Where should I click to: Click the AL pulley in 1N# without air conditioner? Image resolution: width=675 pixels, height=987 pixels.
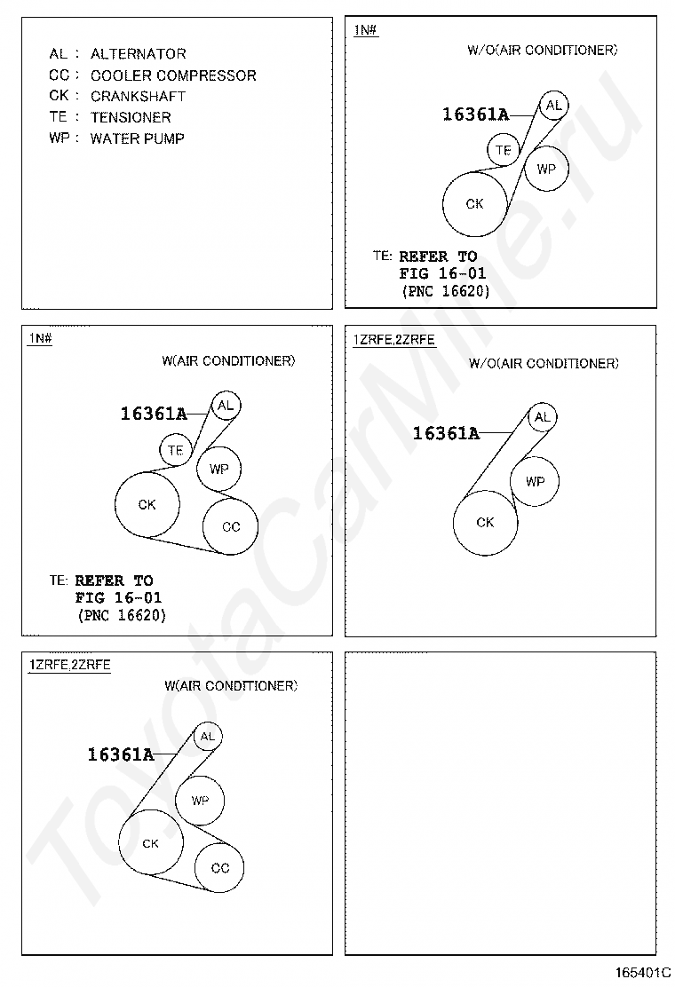[553, 106]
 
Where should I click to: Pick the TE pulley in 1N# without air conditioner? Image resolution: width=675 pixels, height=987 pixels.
[504, 150]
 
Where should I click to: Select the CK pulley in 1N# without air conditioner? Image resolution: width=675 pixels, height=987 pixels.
[475, 204]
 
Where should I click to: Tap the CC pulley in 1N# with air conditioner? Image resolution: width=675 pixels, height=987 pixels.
[231, 526]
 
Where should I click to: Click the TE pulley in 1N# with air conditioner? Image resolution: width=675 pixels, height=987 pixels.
[176, 450]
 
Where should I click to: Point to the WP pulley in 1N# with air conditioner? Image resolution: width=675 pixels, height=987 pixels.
[218, 469]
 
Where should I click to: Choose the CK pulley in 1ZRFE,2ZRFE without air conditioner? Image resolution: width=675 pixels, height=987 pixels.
[485, 523]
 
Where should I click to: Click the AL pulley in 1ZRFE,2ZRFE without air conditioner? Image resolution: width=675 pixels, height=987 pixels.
[543, 417]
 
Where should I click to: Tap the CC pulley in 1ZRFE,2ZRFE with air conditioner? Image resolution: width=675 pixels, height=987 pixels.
[220, 868]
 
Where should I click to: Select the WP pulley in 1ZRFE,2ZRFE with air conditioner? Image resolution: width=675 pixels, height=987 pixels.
[200, 800]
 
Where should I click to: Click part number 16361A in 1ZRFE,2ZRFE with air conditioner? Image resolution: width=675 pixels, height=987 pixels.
[121, 755]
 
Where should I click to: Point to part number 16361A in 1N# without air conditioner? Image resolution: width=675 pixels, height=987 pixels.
[475, 114]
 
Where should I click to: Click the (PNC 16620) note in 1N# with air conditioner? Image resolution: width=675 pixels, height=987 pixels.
[122, 615]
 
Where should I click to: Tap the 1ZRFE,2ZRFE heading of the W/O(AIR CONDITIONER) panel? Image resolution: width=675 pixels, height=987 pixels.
[393, 340]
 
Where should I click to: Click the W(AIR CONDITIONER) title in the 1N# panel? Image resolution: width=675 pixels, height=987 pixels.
[228, 361]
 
